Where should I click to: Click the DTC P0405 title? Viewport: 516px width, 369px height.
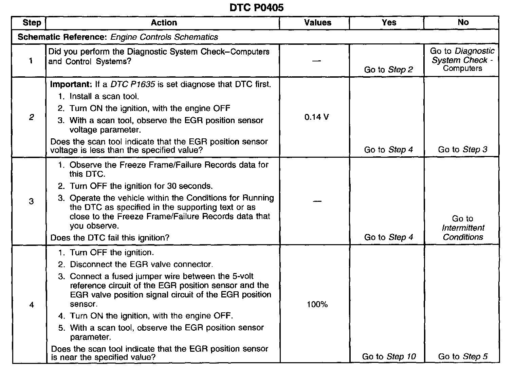[256, 7]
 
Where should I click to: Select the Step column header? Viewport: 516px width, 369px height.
[32, 23]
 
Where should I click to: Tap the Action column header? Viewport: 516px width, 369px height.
[164, 23]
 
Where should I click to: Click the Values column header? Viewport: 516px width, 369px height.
[317, 23]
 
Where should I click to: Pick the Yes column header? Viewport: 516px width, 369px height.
[389, 22]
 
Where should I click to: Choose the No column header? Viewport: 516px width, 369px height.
[463, 22]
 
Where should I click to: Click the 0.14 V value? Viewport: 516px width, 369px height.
[316, 117]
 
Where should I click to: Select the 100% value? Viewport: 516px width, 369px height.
[317, 305]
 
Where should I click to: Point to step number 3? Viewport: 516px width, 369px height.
[31, 201]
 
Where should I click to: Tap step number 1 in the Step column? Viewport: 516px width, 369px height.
[31, 61]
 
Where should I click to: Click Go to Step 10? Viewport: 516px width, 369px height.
[389, 356]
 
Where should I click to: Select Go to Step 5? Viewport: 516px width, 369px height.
[463, 356]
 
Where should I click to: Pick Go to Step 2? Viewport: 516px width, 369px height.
[388, 70]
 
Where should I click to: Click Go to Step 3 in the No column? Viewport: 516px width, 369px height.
[462, 150]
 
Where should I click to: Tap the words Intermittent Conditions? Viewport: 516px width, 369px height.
[463, 232]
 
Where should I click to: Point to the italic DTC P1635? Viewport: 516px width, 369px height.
[133, 84]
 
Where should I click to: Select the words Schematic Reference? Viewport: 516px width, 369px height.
[62, 37]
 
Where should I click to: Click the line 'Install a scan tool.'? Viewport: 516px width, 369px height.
[104, 96]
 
